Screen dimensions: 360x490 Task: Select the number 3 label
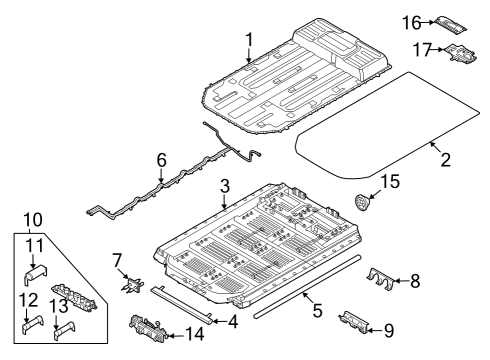[x=225, y=186]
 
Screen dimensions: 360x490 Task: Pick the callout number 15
[x=390, y=182]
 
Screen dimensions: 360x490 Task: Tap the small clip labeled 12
[x=34, y=323]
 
